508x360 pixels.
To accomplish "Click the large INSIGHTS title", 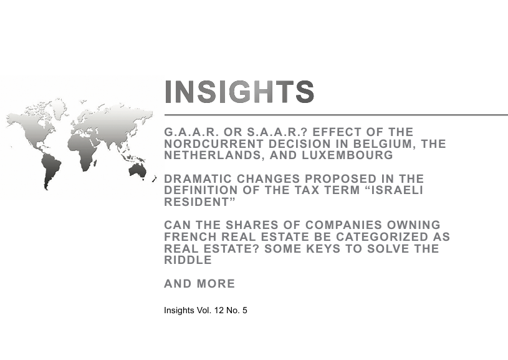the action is click(x=239, y=92).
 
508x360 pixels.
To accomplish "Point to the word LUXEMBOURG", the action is click(x=348, y=155).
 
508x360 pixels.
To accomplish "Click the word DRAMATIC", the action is click(x=198, y=178).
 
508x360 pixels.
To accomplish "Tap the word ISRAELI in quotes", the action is click(x=396, y=190).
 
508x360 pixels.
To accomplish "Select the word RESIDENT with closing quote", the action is click(x=200, y=202).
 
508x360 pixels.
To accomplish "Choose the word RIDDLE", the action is click(x=188, y=260).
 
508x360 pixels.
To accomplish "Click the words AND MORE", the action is click(x=199, y=283).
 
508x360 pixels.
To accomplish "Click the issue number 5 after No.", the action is click(x=244, y=310).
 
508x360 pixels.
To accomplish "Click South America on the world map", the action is click(x=51, y=170).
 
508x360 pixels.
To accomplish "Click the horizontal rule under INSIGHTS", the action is click(x=336, y=115).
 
